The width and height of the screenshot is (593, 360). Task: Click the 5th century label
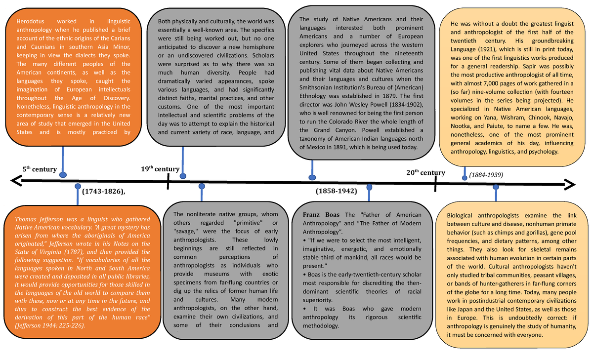pyautogui.click(x=40, y=169)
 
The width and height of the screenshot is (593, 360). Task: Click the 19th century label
pyautogui.click(x=160, y=169)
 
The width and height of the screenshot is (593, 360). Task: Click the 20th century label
pyautogui.click(x=425, y=172)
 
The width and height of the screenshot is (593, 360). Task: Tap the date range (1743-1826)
pyautogui.click(x=104, y=191)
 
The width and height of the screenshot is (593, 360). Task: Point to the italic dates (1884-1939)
pyautogui.click(x=486, y=175)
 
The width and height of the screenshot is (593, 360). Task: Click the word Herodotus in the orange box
pyautogui.click(x=31, y=21)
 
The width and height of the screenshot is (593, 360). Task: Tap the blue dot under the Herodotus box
pyautogui.click(x=63, y=174)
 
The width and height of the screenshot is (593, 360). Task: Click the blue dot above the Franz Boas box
pyautogui.click(x=369, y=188)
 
